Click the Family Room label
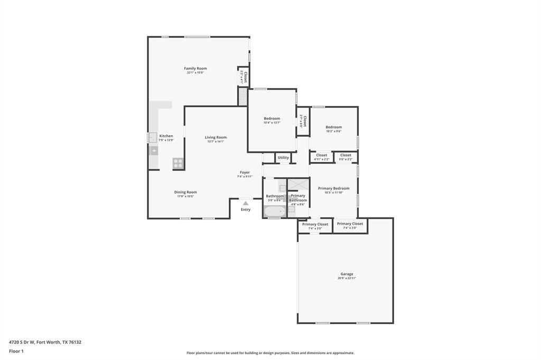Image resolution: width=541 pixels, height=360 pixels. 195,69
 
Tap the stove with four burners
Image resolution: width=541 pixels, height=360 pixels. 178,163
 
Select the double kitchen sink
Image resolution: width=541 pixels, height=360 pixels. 152,138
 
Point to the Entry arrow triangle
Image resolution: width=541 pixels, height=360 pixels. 245,203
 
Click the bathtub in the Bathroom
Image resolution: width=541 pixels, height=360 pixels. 275,212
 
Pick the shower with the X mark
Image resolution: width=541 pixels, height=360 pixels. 299,184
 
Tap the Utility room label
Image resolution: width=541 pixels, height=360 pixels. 283,157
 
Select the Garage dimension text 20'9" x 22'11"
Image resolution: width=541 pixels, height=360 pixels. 347,278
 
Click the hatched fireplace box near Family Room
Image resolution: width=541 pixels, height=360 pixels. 242,97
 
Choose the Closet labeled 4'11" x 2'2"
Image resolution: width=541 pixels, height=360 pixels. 321,157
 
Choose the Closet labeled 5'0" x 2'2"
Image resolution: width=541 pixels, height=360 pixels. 346,157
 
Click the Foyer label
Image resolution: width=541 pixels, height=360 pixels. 245,172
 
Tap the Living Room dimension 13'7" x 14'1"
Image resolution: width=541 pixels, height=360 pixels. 216,141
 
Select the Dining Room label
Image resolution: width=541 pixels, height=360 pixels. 185,192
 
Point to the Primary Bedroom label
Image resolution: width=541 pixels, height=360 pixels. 333,188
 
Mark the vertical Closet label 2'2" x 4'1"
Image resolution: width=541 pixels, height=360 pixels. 244,78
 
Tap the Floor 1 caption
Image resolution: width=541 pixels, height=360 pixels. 16,351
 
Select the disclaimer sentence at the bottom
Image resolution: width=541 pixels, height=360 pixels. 270,353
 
